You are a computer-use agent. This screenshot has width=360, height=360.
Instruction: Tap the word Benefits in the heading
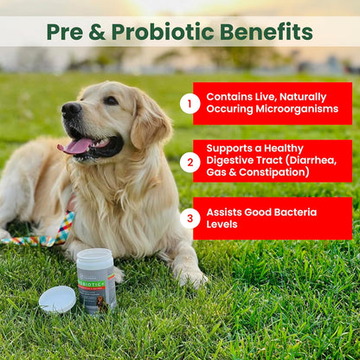pos(266,32)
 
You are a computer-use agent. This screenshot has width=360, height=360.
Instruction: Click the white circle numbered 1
pos(190,104)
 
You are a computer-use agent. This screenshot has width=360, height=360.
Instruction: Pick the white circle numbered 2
pos(190,161)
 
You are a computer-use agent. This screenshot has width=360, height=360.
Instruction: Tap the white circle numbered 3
pos(190,218)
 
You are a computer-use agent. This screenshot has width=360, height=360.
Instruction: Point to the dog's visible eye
pos(111,100)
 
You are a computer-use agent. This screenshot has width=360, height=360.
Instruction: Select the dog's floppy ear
pos(149,121)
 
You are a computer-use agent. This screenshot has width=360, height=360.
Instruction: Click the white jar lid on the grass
pos(57,299)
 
